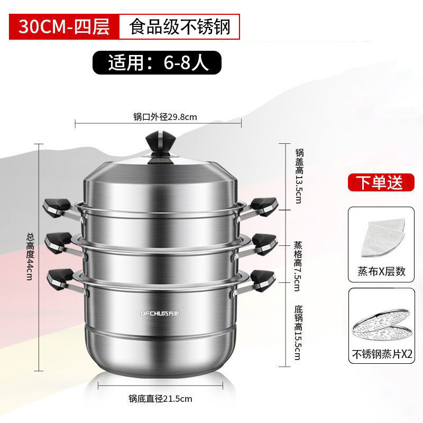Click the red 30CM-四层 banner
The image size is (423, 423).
pyautogui.click(x=63, y=26)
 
